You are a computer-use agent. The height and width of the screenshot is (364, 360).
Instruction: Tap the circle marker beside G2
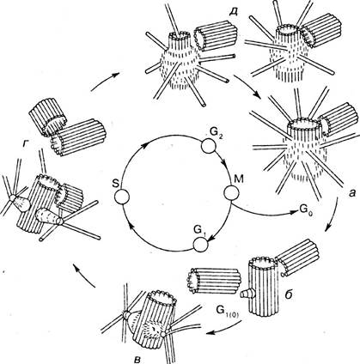click(208, 147)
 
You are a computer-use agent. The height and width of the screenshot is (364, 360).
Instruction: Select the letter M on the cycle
click(238, 179)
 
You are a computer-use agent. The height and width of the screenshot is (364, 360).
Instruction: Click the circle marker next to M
click(231, 193)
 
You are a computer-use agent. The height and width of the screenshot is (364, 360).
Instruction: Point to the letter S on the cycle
click(115, 184)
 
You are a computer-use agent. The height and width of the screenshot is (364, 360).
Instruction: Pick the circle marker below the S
click(122, 197)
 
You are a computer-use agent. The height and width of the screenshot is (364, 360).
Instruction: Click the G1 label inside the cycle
click(199, 230)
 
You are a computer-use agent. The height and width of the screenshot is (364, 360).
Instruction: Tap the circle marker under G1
click(201, 245)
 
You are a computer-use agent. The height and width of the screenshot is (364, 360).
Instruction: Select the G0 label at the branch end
click(306, 210)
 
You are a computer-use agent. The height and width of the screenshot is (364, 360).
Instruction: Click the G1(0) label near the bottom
click(229, 312)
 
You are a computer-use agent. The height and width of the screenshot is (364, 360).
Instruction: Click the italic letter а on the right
click(352, 194)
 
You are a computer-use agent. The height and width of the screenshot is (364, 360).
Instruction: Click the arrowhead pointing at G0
click(295, 212)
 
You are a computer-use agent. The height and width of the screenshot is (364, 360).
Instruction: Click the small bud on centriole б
click(244, 294)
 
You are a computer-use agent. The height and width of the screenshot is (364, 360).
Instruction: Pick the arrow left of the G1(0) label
click(225, 328)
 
